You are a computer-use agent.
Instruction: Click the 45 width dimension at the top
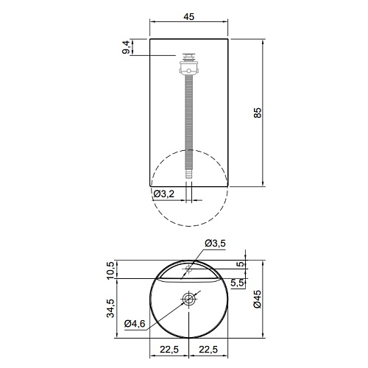pyautogui.click(x=189, y=16)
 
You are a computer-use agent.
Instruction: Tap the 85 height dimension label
pyautogui.click(x=258, y=113)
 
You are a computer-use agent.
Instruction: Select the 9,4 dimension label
pyautogui.click(x=126, y=48)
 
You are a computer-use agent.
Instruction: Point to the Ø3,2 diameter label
pyautogui.click(x=164, y=194)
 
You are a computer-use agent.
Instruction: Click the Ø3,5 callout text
pyautogui.click(x=215, y=243)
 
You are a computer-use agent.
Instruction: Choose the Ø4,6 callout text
pyautogui.click(x=135, y=324)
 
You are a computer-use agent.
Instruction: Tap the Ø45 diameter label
pyautogui.click(x=258, y=299)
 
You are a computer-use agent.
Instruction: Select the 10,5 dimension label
pyautogui.click(x=110, y=270)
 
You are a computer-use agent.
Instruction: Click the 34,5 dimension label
pyautogui.click(x=110, y=308)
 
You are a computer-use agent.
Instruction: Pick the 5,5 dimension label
pyautogui.click(x=238, y=283)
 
